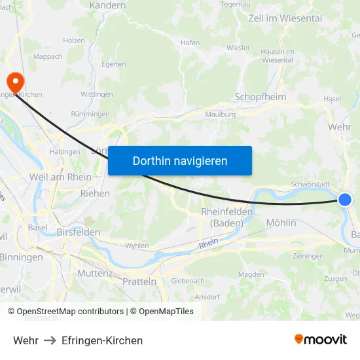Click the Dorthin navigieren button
click(180, 160)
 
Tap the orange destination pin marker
click(14, 82)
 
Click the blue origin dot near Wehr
click(346, 200)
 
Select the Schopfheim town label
click(260, 97)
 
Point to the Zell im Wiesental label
click(285, 18)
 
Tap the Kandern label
click(109, 6)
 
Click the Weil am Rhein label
click(60, 177)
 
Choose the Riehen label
click(95, 194)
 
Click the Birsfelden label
click(79, 232)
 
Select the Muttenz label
click(96, 272)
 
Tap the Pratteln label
click(139, 281)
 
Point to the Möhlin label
click(281, 223)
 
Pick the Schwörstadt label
click(310, 185)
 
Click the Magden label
click(251, 274)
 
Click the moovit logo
click(321, 339)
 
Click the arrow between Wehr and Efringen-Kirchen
click(50, 340)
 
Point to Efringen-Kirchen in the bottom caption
click(102, 340)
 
